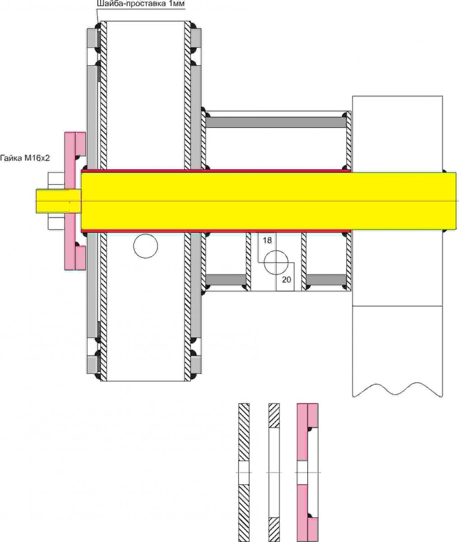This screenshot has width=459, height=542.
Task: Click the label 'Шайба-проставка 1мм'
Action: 141,4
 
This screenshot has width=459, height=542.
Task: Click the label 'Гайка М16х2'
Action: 25,158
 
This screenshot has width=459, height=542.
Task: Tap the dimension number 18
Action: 267,240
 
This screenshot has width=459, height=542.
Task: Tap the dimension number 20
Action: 286,280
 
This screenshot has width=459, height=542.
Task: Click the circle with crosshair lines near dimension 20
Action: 276,262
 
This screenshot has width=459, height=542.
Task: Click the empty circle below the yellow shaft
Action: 146,246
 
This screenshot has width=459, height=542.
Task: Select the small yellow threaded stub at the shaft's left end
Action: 58,201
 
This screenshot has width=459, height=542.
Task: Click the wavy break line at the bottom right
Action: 398,390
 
